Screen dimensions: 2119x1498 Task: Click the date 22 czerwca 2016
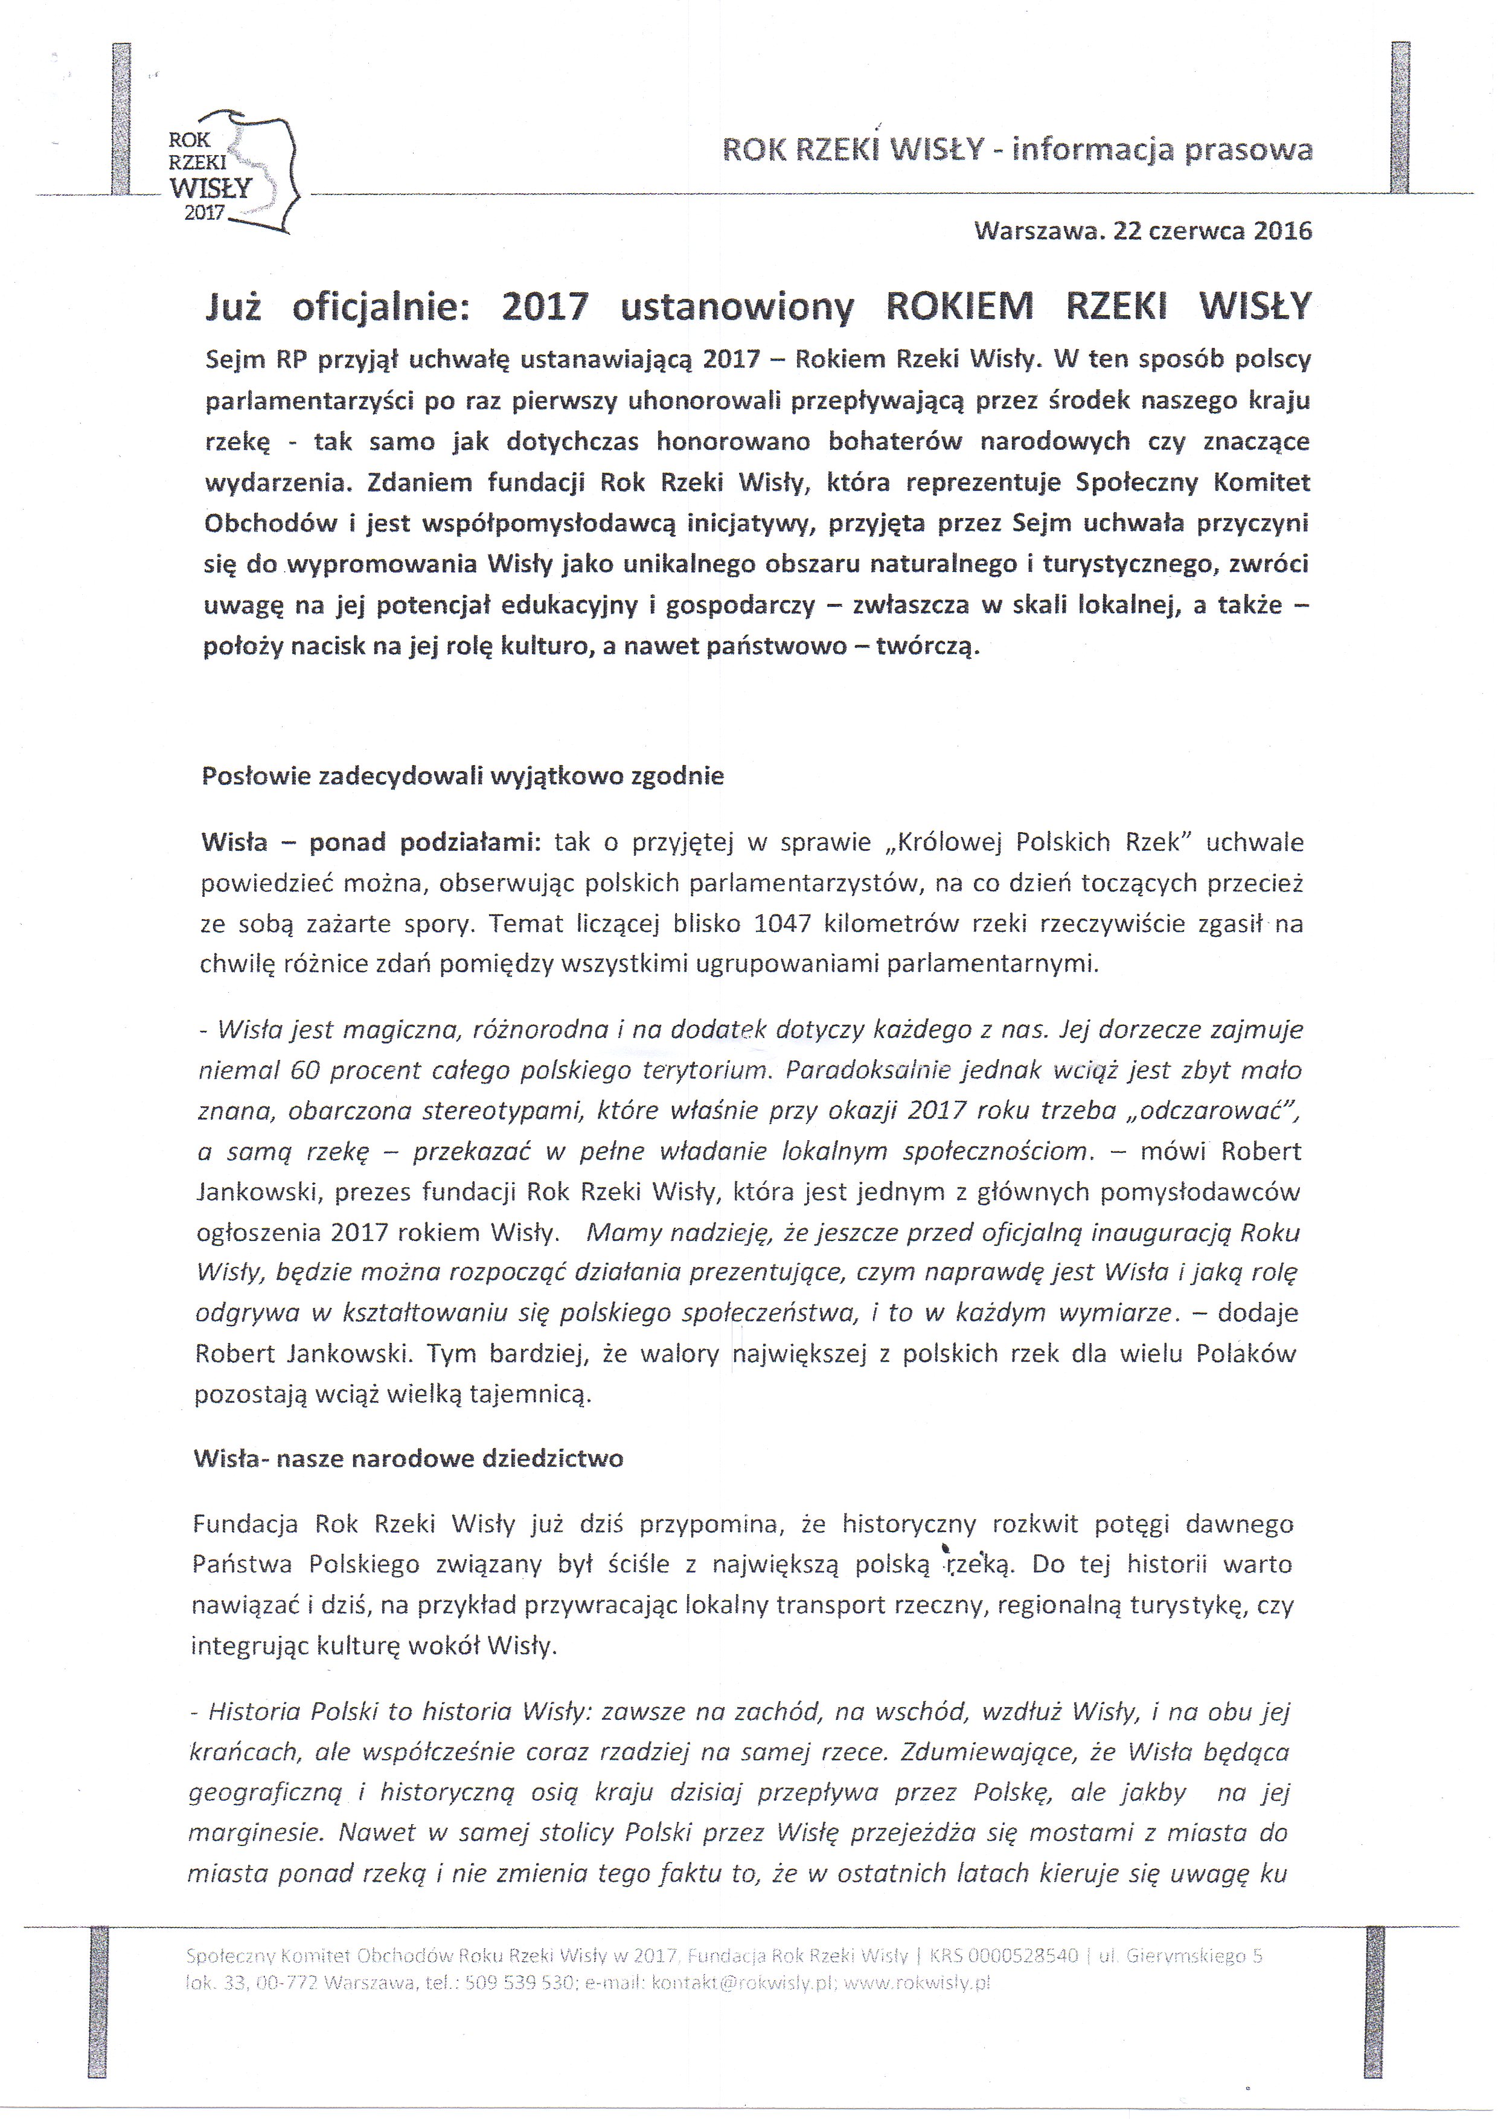[1212, 231]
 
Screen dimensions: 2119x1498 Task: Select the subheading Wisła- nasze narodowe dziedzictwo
[408, 1458]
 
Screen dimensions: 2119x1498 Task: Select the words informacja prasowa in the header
[1162, 150]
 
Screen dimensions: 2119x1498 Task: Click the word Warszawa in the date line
[1039, 231]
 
